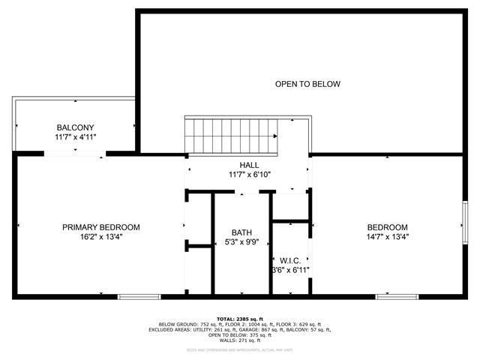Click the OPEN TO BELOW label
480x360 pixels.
click(x=307, y=84)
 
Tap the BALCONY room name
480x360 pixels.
click(x=75, y=127)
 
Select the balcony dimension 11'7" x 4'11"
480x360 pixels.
click(x=75, y=137)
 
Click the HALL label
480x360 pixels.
click(x=250, y=165)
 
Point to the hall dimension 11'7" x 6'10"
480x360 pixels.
click(x=250, y=175)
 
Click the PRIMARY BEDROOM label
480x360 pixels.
click(x=101, y=227)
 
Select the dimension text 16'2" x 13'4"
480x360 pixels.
click(x=101, y=237)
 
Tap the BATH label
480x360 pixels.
click(x=241, y=232)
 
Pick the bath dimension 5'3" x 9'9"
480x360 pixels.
click(x=241, y=242)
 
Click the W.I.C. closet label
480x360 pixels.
click(x=290, y=259)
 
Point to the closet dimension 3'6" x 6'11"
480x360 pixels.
click(x=291, y=270)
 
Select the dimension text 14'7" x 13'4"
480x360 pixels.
click(x=387, y=237)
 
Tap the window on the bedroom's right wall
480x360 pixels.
click(x=464, y=223)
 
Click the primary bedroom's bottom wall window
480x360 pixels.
click(x=139, y=297)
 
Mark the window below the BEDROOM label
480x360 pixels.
click(x=397, y=297)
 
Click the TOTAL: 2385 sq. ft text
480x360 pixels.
click(x=240, y=319)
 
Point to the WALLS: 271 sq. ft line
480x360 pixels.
click(x=240, y=340)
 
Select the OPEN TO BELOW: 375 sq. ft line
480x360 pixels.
click(x=240, y=335)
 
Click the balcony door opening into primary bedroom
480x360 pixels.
click(x=75, y=153)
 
